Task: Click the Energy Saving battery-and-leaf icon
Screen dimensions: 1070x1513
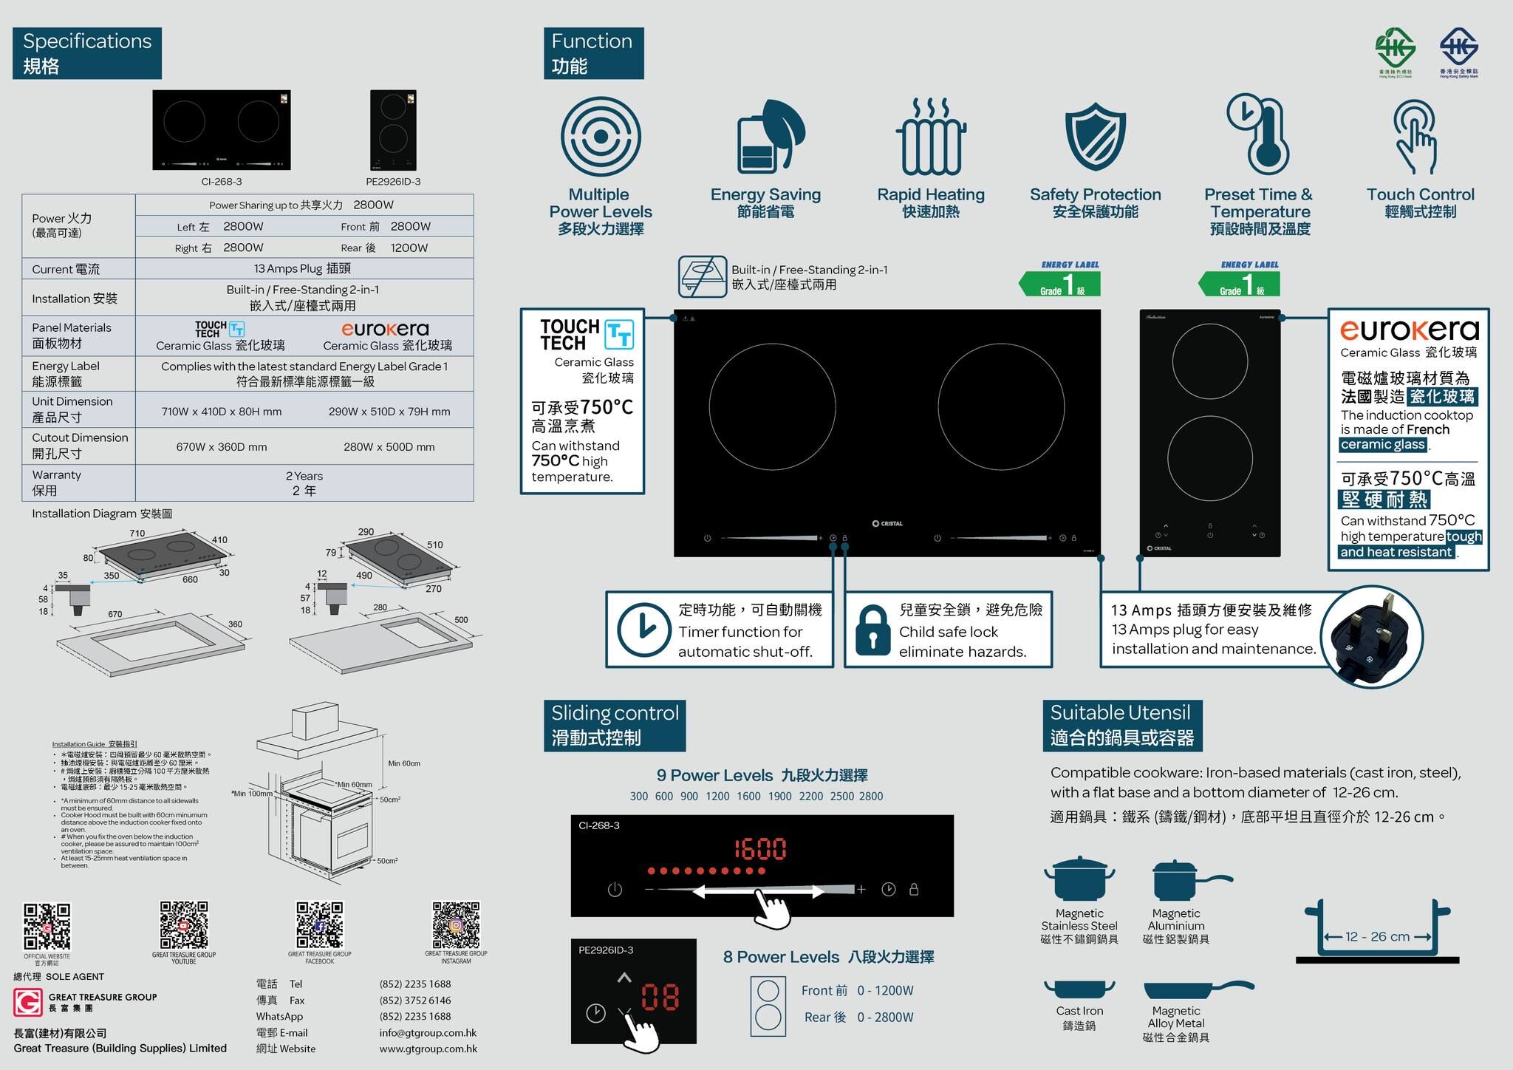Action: tap(768, 137)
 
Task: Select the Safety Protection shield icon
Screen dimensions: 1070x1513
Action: tap(1095, 137)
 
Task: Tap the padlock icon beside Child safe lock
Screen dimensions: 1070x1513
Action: tap(872, 630)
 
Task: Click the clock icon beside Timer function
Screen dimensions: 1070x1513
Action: tap(643, 630)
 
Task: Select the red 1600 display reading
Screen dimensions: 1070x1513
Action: tap(760, 849)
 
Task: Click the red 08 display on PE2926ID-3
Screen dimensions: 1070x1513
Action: tap(660, 997)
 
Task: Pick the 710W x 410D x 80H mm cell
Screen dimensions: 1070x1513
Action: tap(222, 412)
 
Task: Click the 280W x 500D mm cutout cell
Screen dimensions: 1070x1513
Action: tap(389, 447)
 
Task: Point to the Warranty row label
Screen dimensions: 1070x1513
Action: tap(56, 483)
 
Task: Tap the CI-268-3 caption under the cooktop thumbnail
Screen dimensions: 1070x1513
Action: tap(222, 182)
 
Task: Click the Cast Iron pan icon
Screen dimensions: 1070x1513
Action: tap(1079, 989)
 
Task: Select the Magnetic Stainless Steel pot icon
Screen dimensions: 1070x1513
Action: tap(1079, 879)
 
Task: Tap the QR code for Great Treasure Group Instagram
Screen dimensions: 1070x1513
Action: tap(456, 924)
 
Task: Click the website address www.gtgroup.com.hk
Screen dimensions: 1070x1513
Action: tap(428, 1049)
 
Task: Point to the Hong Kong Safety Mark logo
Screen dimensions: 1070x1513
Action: tap(1458, 50)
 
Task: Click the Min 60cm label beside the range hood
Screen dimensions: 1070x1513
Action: tap(404, 763)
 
